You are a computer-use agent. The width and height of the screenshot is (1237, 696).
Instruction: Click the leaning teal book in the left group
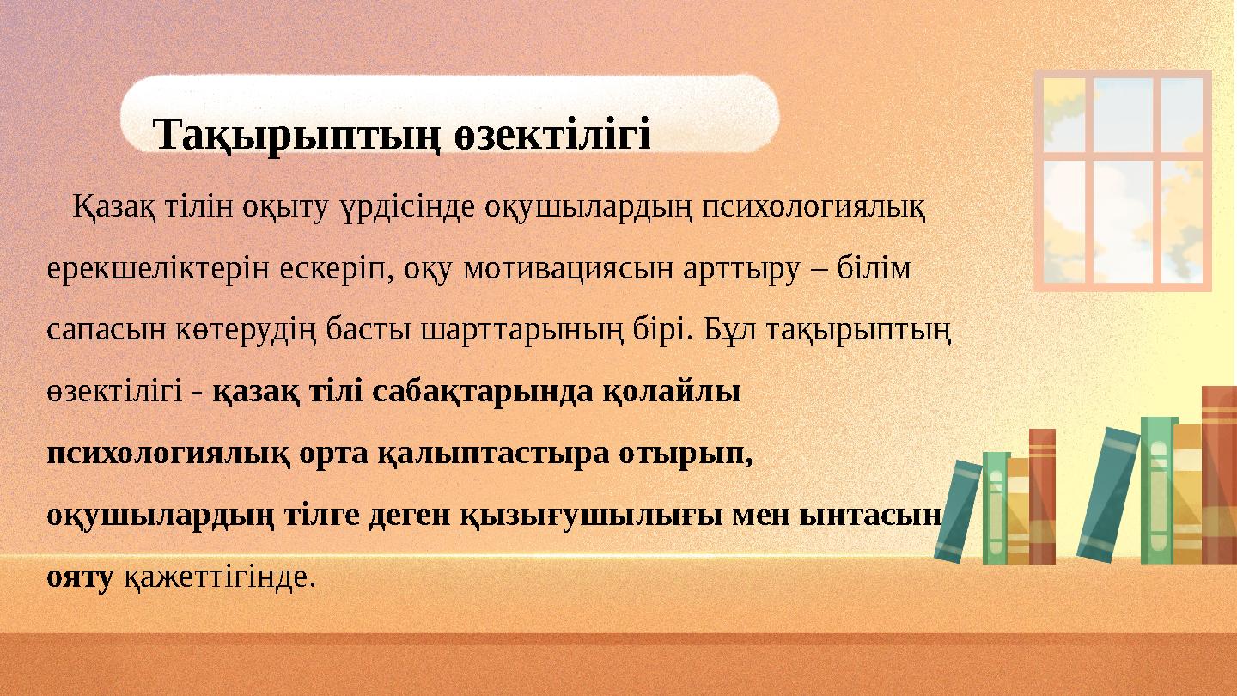(958, 511)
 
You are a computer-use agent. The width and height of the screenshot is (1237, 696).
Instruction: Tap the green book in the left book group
(995, 507)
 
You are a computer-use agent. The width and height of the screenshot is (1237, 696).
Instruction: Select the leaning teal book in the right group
(1107, 494)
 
